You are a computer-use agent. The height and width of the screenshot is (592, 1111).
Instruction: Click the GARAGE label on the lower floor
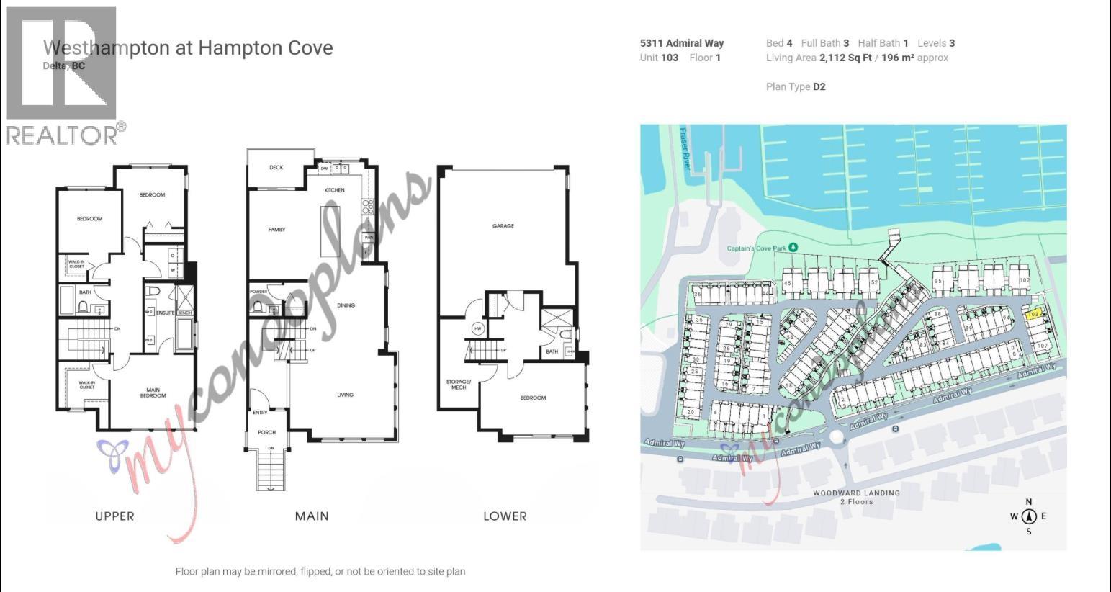(503, 226)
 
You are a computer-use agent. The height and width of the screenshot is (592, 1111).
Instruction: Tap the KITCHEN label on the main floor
(334, 190)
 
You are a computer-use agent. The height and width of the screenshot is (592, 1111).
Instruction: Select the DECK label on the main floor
(276, 167)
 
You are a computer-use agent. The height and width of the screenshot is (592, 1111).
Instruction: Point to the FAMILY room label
(276, 230)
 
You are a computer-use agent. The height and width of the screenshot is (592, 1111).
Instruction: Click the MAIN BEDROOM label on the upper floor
(153, 393)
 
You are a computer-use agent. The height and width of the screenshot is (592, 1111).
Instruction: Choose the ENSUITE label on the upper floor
(165, 313)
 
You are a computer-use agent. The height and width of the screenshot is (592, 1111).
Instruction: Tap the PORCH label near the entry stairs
(266, 432)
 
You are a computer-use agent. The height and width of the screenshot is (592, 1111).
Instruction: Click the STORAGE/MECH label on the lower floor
(458, 385)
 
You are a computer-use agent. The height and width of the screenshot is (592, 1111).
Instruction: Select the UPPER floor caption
(114, 516)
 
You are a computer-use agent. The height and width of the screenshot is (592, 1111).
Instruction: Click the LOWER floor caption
(505, 516)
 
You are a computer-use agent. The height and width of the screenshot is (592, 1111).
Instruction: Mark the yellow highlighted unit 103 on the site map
(1033, 314)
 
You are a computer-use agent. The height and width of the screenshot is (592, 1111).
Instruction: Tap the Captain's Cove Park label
(757, 248)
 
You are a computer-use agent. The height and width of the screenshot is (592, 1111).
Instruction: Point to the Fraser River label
(685, 148)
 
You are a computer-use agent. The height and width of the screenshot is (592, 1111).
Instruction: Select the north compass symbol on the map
(1028, 516)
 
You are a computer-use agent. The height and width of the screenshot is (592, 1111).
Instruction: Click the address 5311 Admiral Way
(681, 43)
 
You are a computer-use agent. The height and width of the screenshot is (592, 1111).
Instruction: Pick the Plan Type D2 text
(796, 86)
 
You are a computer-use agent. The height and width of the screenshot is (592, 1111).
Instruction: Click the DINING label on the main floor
(346, 305)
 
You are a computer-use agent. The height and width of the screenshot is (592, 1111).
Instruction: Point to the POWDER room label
(258, 292)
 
